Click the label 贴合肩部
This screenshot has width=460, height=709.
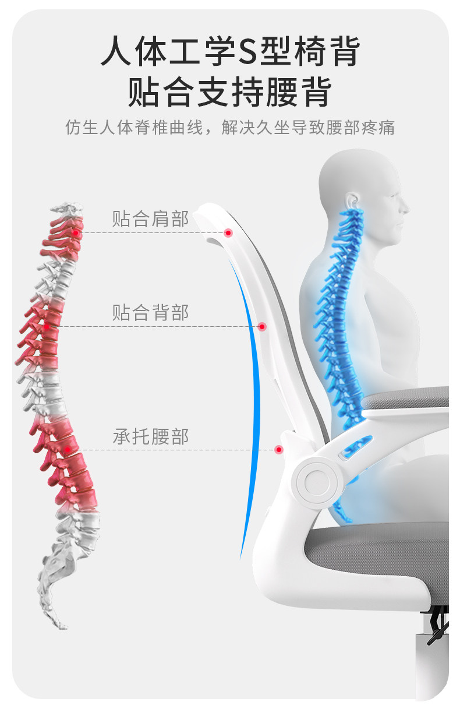click(x=150, y=219)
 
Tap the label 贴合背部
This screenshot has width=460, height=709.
click(x=150, y=312)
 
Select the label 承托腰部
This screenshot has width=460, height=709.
click(x=150, y=436)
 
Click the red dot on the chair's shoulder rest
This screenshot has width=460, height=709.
click(x=228, y=232)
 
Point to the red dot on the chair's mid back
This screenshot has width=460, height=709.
click(x=262, y=326)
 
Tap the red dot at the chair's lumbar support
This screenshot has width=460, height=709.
click(x=279, y=449)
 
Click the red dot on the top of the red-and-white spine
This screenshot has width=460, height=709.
click(x=76, y=232)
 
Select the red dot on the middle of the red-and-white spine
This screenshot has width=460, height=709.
click(x=47, y=326)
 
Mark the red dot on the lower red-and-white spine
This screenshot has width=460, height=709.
click(x=68, y=449)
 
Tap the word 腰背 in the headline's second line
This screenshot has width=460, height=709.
click(x=298, y=92)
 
